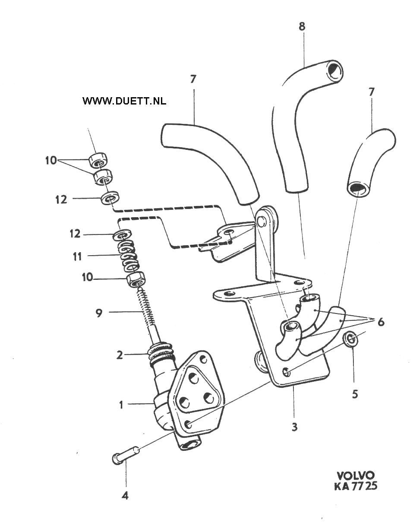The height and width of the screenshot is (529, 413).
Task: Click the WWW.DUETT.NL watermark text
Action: [124, 101]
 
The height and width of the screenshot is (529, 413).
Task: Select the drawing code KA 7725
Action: [356, 486]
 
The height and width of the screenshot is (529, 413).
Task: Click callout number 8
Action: [302, 26]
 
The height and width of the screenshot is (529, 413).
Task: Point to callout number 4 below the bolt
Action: [125, 496]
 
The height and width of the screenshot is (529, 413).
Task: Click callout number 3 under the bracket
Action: [294, 427]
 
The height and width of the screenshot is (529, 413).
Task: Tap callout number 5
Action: [355, 394]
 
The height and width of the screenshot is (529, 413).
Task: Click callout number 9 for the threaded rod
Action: [99, 313]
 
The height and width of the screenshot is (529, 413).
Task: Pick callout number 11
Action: [77, 257]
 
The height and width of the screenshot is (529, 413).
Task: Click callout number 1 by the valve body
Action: [121, 405]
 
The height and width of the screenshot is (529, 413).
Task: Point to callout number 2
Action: [120, 355]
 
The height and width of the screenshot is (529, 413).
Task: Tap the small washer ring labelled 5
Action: [351, 339]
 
